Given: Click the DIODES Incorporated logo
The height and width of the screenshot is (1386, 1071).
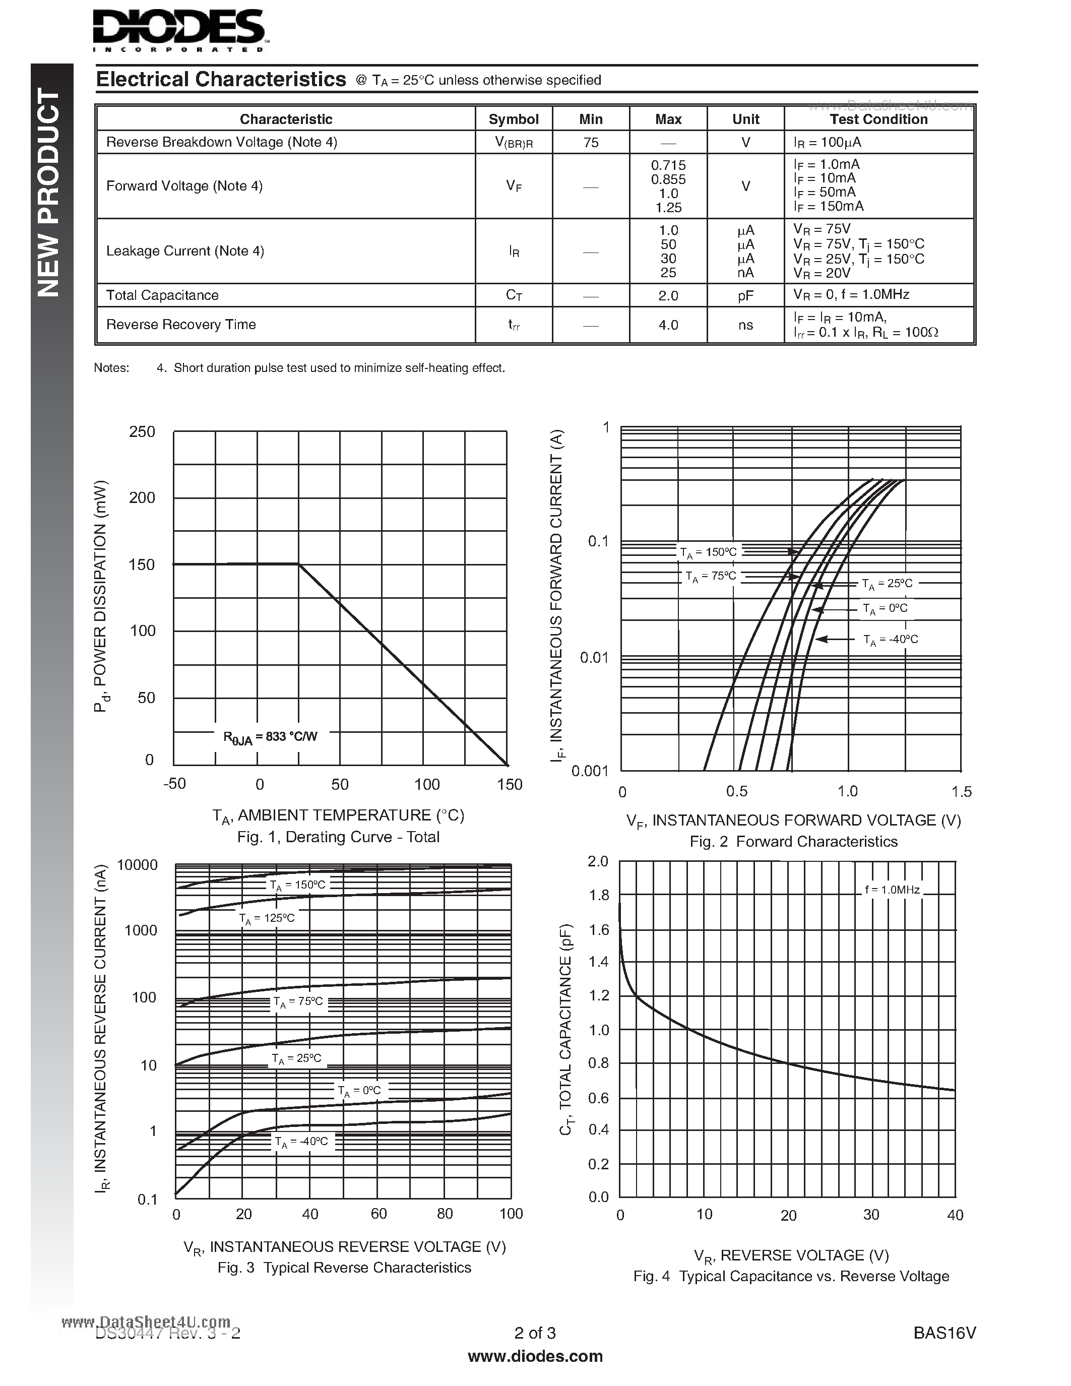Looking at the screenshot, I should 179,30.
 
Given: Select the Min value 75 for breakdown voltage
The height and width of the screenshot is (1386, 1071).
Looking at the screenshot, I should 591,143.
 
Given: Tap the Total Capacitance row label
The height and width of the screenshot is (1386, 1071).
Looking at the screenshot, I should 162,295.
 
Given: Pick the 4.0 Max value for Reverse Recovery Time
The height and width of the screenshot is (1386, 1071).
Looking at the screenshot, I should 668,325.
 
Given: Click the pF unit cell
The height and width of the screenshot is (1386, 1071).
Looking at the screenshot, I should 745,296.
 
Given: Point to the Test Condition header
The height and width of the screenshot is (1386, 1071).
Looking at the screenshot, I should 879,119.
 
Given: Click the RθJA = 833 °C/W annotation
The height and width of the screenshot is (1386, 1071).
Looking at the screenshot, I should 270,736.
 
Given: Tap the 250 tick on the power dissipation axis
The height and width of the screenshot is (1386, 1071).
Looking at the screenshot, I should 142,432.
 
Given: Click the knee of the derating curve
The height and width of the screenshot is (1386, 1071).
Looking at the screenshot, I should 299,564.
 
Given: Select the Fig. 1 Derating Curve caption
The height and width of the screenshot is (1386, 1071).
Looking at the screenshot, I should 338,837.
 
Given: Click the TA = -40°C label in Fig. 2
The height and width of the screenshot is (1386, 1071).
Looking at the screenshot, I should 890,640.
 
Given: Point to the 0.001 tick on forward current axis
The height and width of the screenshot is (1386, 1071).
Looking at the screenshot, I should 590,771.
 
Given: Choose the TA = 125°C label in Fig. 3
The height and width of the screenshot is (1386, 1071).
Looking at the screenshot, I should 267,918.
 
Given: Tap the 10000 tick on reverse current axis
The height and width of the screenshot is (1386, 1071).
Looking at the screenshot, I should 137,865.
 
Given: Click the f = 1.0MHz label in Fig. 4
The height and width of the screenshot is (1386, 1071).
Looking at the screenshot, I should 892,890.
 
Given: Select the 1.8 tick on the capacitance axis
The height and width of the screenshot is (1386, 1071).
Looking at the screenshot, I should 599,896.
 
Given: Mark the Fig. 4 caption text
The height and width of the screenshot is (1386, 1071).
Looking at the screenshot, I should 791,1276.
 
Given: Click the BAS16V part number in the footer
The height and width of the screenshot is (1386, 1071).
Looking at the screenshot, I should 944,1333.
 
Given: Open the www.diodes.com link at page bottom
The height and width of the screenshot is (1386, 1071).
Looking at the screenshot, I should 535,1356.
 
